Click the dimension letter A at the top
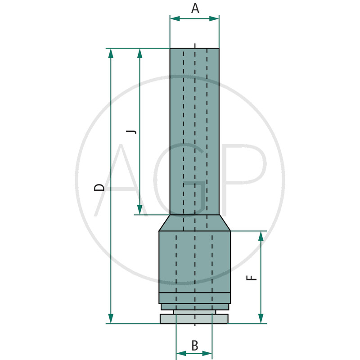pyautogui.click(x=195, y=9)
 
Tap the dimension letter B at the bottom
pyautogui.click(x=195, y=345)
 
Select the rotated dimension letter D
pyautogui.click(x=99, y=187)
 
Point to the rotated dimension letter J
pyautogui.click(x=131, y=132)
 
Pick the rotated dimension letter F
pyautogui.click(x=252, y=278)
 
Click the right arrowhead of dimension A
pyautogui.click(x=214, y=19)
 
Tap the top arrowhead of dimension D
pyautogui.click(x=111, y=53)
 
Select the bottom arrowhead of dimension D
pyautogui.click(x=111, y=319)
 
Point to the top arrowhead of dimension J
pyautogui.click(x=139, y=53)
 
